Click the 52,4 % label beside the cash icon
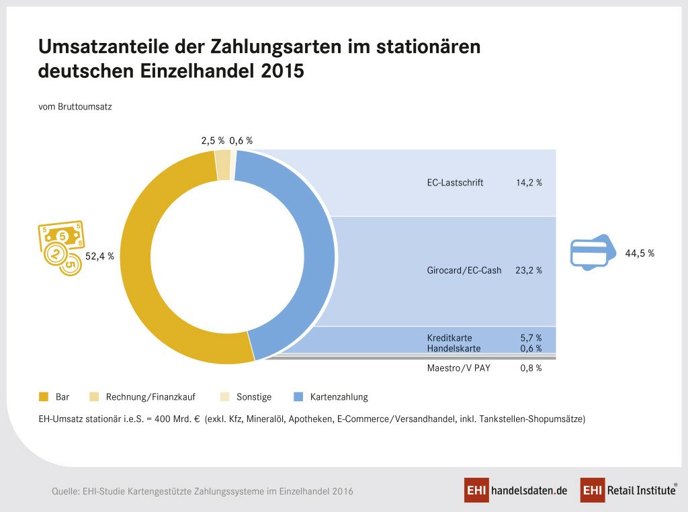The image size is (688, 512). tap(99, 256)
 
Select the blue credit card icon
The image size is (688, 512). tap(589, 253)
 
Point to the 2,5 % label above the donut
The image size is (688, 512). tap(212, 140)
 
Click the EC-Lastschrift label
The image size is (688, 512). tap(455, 182)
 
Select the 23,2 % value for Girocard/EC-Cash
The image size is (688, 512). tap(529, 270)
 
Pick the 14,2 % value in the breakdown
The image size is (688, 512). tap(529, 182)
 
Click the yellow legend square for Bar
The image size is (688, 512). tap(45, 396)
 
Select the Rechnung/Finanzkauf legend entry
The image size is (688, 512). tap(145, 396)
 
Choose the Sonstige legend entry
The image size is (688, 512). tap(253, 396)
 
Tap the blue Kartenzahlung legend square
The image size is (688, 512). tap(297, 396)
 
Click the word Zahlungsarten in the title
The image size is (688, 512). tap(267, 47)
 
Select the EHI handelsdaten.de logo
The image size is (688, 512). tap(515, 490)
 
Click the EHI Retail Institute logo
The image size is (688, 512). tap(628, 490)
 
